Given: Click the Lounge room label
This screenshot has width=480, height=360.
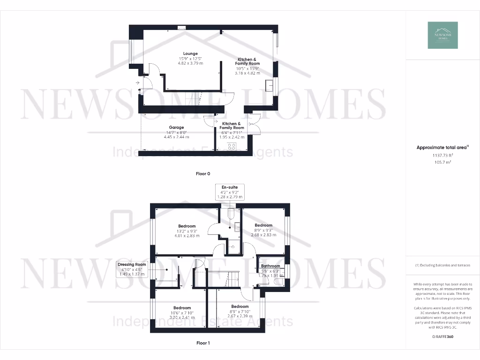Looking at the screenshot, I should point(190,53).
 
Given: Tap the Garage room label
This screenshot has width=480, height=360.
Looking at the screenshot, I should point(176,127).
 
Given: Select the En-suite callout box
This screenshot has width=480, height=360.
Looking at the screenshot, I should point(230,192).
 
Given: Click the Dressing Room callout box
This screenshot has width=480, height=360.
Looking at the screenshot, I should point(132,270).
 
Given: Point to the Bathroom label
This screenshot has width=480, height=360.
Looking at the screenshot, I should point(270,266).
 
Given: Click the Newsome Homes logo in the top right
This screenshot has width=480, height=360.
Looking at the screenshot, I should point(442,35).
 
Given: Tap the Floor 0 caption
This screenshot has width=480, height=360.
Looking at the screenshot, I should point(203,173).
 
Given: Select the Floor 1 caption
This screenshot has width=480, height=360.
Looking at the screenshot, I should point(203,343).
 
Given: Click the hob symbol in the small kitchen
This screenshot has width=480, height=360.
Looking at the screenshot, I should point(231,146).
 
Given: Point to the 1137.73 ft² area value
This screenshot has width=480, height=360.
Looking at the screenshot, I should point(442,155).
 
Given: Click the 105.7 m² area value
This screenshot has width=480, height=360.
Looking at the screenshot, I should point(442,162).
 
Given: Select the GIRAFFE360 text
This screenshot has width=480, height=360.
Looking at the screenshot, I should point(442,337).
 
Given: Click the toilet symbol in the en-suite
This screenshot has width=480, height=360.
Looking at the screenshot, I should point(230,214).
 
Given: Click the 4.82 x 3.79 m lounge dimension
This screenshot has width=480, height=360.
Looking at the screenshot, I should point(190,63).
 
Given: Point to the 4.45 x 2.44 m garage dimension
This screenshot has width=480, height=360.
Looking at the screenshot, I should point(176,137).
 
